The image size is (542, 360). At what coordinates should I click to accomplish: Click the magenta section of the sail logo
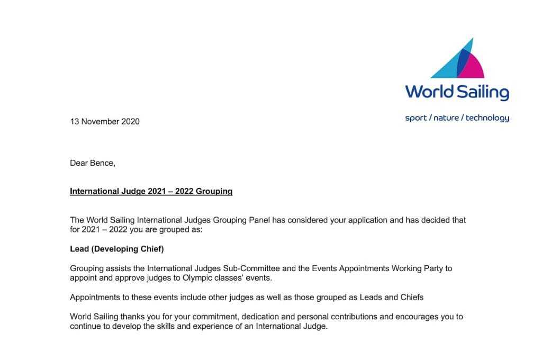pyautogui.click(x=474, y=66)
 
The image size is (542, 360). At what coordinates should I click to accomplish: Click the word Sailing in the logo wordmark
pyautogui.click(x=483, y=92)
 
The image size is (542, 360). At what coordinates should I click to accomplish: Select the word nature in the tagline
pyautogui.click(x=446, y=118)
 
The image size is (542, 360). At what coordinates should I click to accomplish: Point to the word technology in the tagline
pyautogui.click(x=487, y=118)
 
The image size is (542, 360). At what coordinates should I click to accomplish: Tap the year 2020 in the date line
pyautogui.click(x=130, y=121)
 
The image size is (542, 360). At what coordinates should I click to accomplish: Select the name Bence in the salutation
pyautogui.click(x=102, y=163)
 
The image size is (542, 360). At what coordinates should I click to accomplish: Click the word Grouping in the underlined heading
pyautogui.click(x=214, y=191)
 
